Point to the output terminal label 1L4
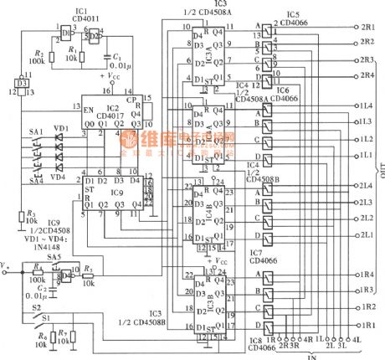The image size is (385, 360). click(366, 106)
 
